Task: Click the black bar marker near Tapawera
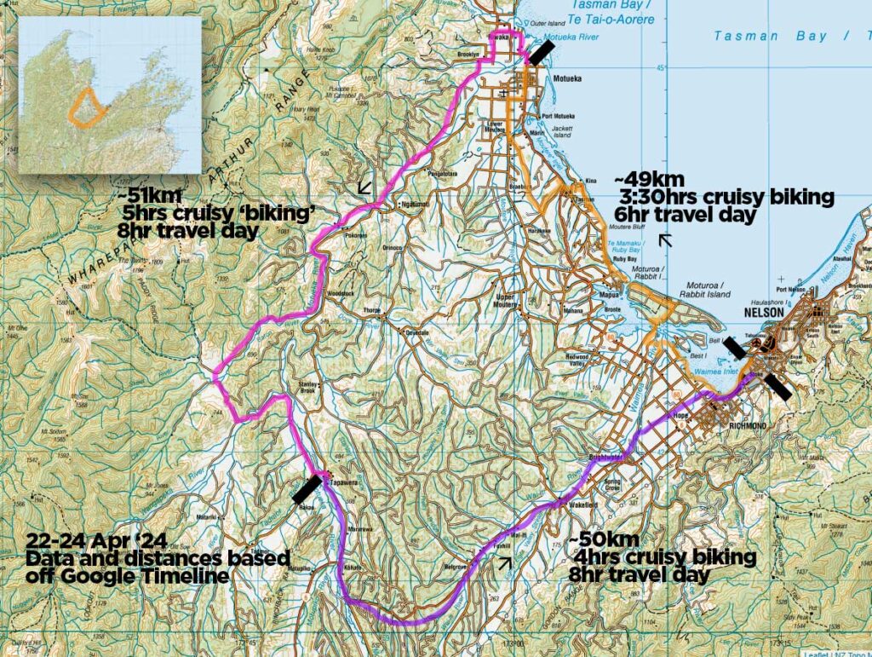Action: pyautogui.click(x=307, y=490)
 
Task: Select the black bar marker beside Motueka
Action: pyautogui.click(x=540, y=52)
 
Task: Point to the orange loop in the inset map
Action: pyautogui.click(x=87, y=107)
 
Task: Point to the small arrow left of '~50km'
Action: pyautogui.click(x=506, y=561)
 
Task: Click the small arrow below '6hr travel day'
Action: pyautogui.click(x=666, y=241)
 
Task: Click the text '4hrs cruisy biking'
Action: pyautogui.click(x=663, y=557)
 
